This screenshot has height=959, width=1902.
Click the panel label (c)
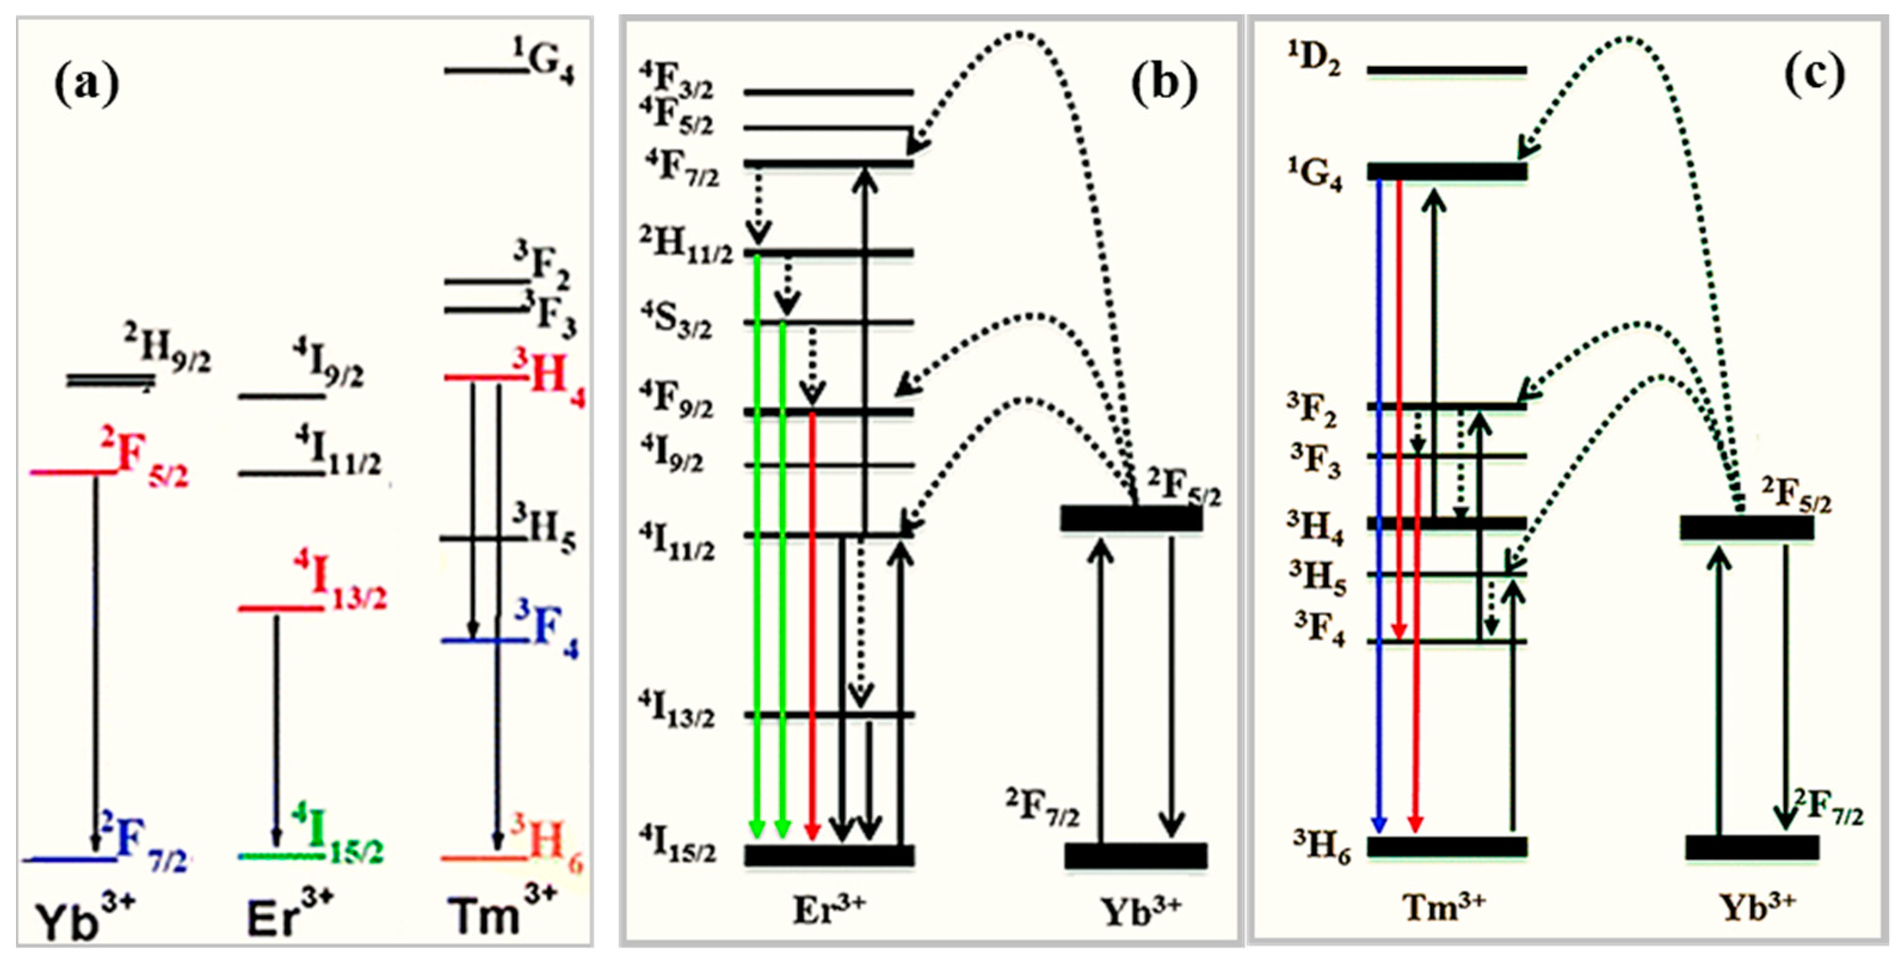point(1814,75)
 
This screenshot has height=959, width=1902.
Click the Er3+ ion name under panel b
point(828,909)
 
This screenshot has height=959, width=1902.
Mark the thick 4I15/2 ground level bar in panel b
point(829,855)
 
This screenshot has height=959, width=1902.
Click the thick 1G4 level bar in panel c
point(1447,171)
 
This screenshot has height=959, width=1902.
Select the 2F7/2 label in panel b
point(1042,807)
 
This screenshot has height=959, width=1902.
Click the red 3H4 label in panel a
point(551,378)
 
